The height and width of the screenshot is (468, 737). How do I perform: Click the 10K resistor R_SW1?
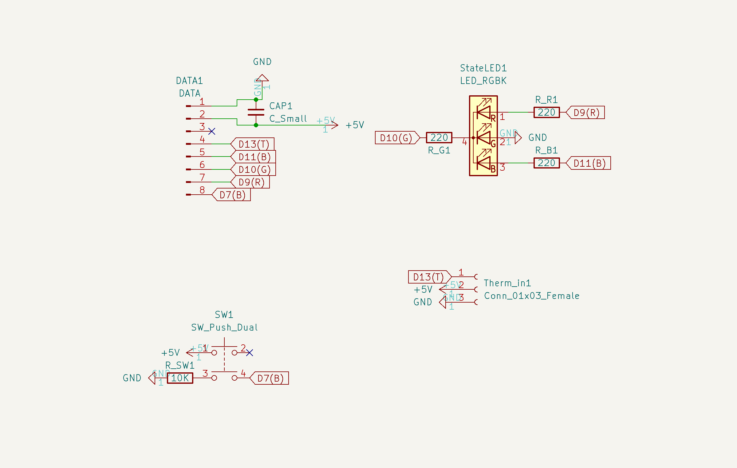click(x=180, y=378)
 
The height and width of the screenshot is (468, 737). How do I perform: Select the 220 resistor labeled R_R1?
click(x=546, y=112)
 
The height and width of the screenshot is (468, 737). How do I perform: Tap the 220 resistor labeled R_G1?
click(x=439, y=137)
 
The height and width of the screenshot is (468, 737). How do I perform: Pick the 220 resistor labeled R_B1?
click(x=546, y=163)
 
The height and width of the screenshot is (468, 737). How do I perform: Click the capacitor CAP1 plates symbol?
click(x=256, y=112)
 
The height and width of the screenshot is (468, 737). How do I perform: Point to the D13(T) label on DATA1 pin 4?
click(x=253, y=144)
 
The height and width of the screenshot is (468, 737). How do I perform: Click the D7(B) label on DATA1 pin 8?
click(x=232, y=195)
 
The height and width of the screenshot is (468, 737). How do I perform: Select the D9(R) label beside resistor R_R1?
click(x=586, y=113)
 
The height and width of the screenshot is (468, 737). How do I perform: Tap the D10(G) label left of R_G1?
click(x=396, y=138)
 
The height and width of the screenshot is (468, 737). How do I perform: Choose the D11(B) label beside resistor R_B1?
click(x=589, y=163)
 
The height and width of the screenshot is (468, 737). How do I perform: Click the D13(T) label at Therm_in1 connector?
click(x=428, y=277)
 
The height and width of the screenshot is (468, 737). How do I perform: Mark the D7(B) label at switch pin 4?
click(x=270, y=378)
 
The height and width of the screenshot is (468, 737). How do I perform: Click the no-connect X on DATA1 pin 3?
click(x=212, y=131)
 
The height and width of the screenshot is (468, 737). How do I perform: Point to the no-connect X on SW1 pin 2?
click(x=250, y=353)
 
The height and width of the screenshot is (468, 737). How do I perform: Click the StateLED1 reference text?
click(x=483, y=68)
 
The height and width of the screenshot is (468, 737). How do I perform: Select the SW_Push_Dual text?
click(x=224, y=327)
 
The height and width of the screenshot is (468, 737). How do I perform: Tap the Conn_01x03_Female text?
click(x=532, y=296)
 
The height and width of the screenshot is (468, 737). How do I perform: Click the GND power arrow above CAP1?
click(x=262, y=78)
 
